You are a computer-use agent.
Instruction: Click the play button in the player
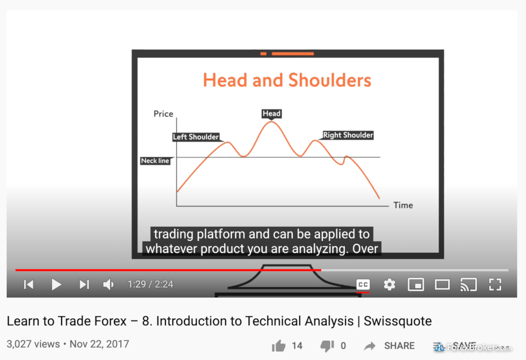pos(56,284)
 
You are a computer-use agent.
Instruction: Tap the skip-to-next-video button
pos(84,284)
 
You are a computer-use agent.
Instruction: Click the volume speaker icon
pos(108,284)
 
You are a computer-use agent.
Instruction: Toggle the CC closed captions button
pos(363,284)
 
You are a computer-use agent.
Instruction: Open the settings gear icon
pos(389,284)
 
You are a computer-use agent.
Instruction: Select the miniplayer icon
pos(415,284)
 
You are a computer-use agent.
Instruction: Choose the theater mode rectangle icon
pos(442,284)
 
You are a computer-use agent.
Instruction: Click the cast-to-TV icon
pos(468,284)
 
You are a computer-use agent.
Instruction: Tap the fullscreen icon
pos(495,284)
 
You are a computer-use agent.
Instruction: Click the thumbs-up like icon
pos(278,345)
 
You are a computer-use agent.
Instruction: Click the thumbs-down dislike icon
pos(327,346)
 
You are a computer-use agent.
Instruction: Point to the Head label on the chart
pos(271,114)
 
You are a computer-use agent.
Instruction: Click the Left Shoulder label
pos(196,137)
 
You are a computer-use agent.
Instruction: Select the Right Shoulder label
pos(348,135)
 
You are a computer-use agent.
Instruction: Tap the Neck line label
pos(155,161)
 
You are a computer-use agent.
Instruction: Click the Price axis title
pos(163,114)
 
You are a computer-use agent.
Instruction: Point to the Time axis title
pos(403,205)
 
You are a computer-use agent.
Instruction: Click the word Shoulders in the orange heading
pos(330,80)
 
